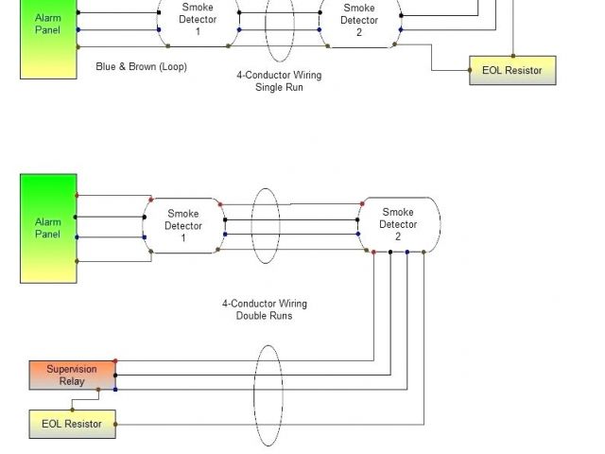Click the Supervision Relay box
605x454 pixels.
pos(72,375)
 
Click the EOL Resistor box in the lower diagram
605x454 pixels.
pos(72,424)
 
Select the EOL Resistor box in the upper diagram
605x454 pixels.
pos(512,71)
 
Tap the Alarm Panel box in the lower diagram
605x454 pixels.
pos(48,228)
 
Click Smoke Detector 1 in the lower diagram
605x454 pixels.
pos(183,226)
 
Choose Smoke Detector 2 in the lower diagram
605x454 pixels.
pos(399,224)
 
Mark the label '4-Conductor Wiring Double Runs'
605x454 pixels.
pos(265,310)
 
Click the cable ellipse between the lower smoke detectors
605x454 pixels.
pos(266,226)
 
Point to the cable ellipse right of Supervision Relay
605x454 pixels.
pos(268,395)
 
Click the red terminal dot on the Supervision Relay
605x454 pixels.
pos(115,360)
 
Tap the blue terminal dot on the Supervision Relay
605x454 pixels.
pos(115,389)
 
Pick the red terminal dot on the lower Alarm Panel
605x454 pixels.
pos(77,197)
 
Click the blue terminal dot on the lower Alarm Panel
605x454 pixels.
pos(77,237)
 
